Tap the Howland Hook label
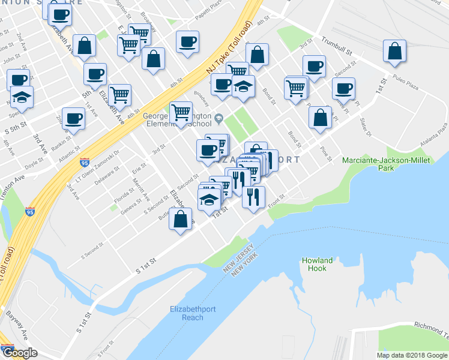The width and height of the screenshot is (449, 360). (x=318, y=265)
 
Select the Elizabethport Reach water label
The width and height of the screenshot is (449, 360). (x=185, y=313)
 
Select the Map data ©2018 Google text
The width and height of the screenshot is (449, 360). (x=412, y=355)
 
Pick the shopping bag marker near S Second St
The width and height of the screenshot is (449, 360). (x=181, y=219)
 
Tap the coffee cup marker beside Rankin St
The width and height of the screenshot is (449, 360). (x=73, y=118)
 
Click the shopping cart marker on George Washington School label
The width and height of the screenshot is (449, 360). (x=181, y=112)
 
